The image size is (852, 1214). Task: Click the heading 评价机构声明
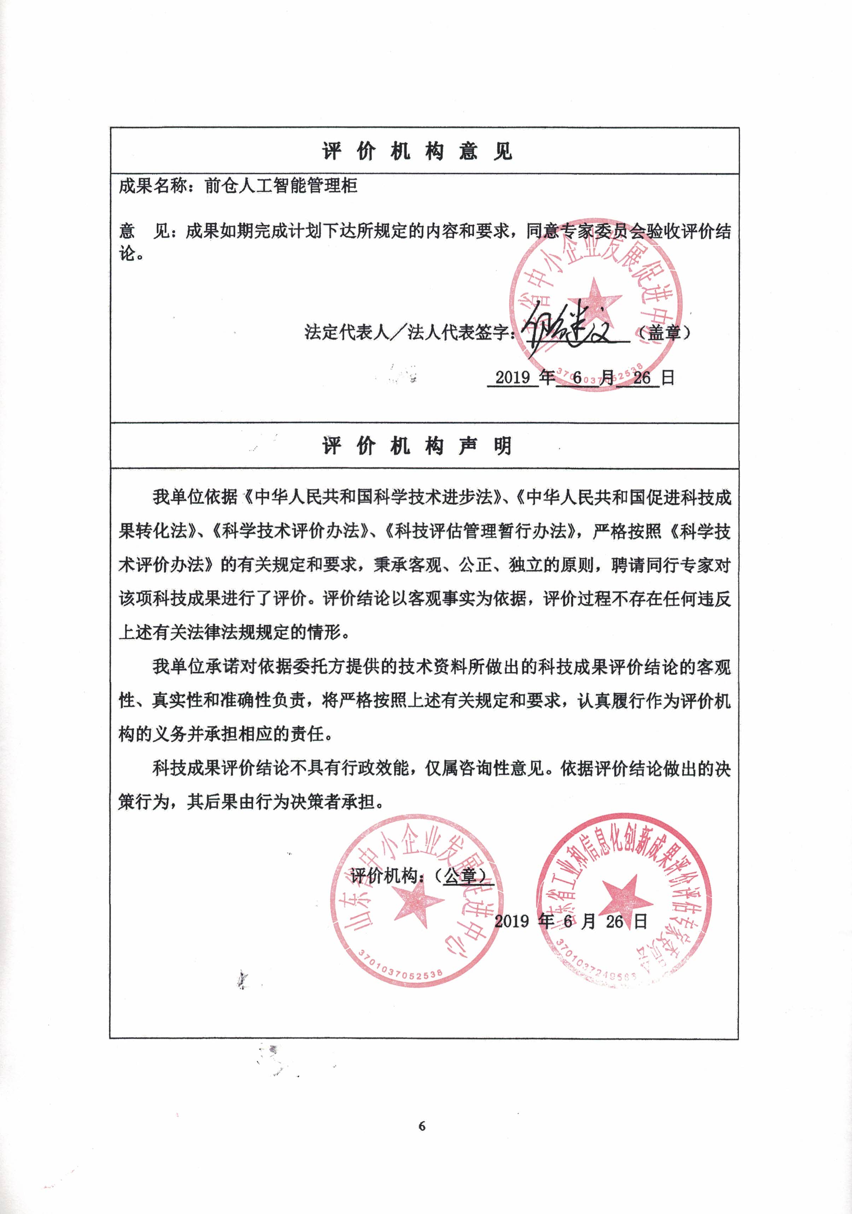click(417, 446)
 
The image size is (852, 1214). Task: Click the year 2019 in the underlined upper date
click(512, 378)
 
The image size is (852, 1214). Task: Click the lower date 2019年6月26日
click(571, 922)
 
